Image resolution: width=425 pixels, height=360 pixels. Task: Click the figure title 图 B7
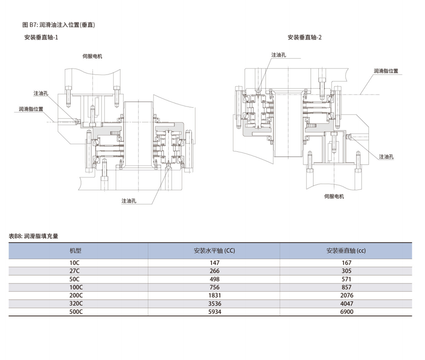[x=59, y=24]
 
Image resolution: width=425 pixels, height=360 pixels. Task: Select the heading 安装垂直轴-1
[x=42, y=37]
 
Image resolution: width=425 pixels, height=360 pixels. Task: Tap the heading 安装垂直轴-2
[x=305, y=37]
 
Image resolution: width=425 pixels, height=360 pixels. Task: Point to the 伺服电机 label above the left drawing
[x=92, y=56]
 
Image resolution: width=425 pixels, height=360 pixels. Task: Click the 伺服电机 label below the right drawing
[x=334, y=196]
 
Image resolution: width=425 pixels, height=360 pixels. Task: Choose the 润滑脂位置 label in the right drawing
[x=386, y=71]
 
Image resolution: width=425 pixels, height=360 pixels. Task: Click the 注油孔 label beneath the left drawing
[x=129, y=201]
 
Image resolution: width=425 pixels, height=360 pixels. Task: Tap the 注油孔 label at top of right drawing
[x=279, y=55]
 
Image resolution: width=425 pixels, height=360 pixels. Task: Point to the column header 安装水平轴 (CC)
[x=214, y=251]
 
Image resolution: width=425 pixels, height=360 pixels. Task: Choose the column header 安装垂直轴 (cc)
[x=346, y=251]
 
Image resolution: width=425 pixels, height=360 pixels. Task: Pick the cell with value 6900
[x=346, y=312]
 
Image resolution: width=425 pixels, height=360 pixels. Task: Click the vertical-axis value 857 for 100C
[x=346, y=288]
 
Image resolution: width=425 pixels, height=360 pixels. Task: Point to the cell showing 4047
[x=346, y=304]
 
